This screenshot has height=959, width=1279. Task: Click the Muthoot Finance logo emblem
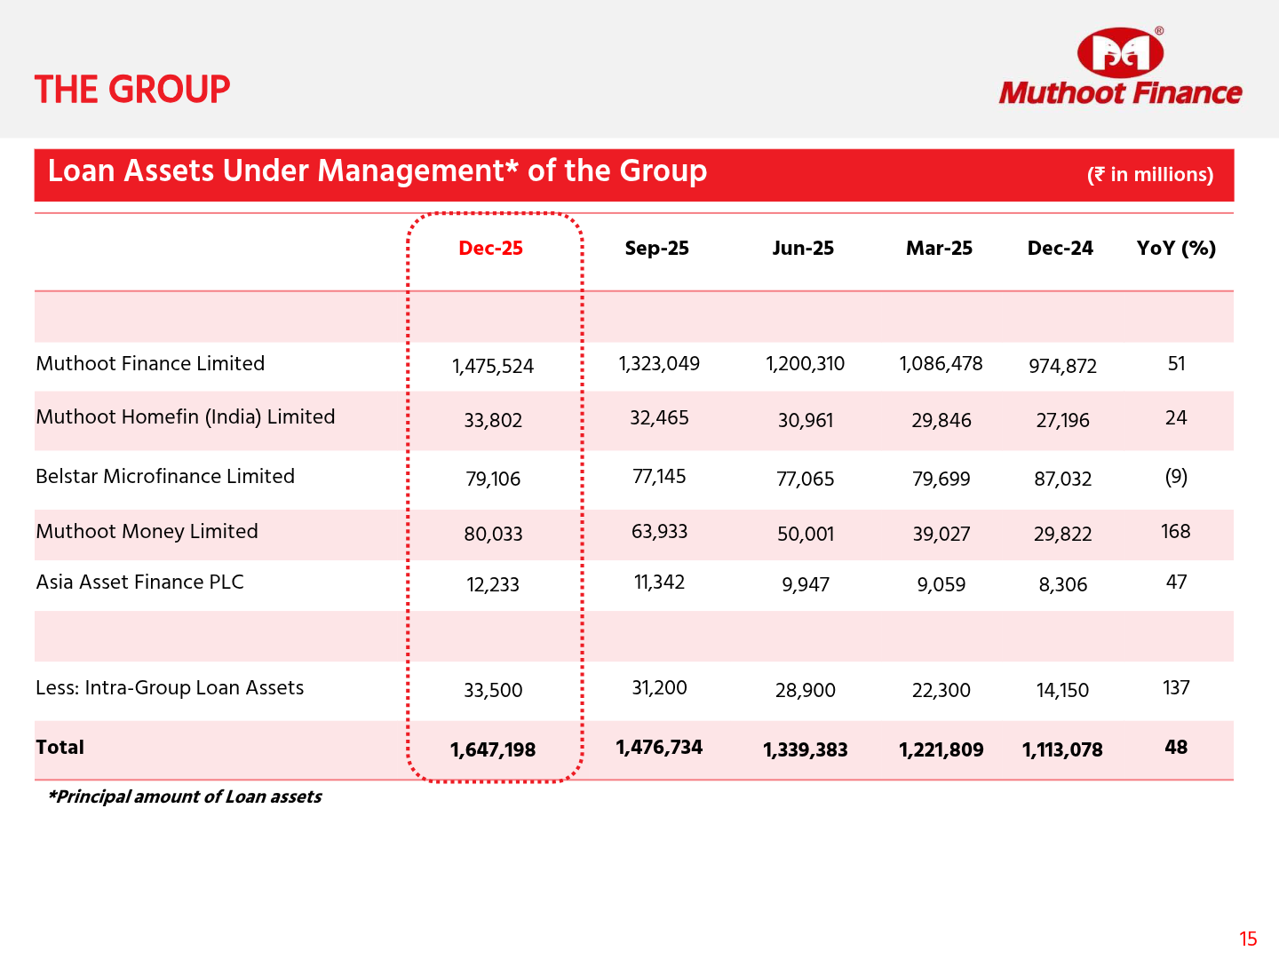pyautogui.click(x=1120, y=52)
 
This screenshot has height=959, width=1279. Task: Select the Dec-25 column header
pyautogui.click(x=490, y=249)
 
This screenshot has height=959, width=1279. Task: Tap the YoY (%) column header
pyautogui.click(x=1176, y=249)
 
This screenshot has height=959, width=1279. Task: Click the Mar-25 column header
pyautogui.click(x=939, y=249)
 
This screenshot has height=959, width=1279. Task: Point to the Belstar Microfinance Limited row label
pyautogui.click(x=165, y=477)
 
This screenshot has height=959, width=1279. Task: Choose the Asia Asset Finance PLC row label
pyautogui.click(x=139, y=583)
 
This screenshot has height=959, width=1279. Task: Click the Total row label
pyautogui.click(x=60, y=748)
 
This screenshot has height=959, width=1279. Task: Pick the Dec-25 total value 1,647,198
pyautogui.click(x=493, y=750)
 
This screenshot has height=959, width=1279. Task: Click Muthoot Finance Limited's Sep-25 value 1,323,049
pyautogui.click(x=659, y=364)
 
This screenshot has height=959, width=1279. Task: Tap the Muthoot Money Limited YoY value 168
pyautogui.click(x=1175, y=532)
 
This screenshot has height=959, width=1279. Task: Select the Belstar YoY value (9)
pyautogui.click(x=1176, y=477)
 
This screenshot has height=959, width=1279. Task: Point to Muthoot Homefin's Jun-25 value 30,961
pyautogui.click(x=806, y=421)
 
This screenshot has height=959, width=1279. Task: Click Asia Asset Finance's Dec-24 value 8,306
pyautogui.click(x=1062, y=585)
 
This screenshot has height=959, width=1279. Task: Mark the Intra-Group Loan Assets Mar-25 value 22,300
pyautogui.click(x=941, y=691)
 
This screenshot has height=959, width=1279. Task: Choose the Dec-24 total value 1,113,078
pyautogui.click(x=1062, y=750)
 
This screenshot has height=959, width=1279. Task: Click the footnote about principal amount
pyautogui.click(x=185, y=797)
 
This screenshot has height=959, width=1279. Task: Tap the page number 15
pyautogui.click(x=1248, y=939)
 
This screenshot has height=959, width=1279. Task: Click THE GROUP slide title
pyautogui.click(x=132, y=90)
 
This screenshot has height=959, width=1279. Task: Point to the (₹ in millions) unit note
pyautogui.click(x=1150, y=175)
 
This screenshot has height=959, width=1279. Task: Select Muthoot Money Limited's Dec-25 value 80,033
pyautogui.click(x=493, y=535)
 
